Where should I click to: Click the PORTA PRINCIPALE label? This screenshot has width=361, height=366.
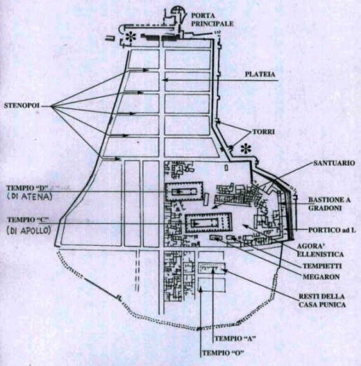coord(212,20)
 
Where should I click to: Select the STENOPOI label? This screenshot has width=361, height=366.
coord(21,106)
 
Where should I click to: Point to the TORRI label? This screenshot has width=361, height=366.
coord(264,131)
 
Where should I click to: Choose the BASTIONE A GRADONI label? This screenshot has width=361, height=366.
coord(329,204)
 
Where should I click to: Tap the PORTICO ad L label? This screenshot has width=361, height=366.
coord(332,230)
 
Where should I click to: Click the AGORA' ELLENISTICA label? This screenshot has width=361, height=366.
coord(320,250)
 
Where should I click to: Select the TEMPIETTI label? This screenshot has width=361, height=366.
coord(322,266)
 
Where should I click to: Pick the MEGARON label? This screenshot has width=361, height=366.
coord(321,277)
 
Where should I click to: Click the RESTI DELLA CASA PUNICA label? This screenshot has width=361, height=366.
coord(322,301)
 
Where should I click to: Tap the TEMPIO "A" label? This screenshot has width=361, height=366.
coord(234,338)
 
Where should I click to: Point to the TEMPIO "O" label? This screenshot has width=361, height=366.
coord(222,353)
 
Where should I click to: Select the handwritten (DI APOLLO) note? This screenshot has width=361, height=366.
coord(29,230)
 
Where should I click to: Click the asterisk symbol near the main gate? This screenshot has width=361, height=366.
coord(131,37)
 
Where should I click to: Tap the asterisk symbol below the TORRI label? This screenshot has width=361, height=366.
coord(246,149)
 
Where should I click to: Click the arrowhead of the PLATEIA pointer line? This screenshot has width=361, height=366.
coord(165,80)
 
